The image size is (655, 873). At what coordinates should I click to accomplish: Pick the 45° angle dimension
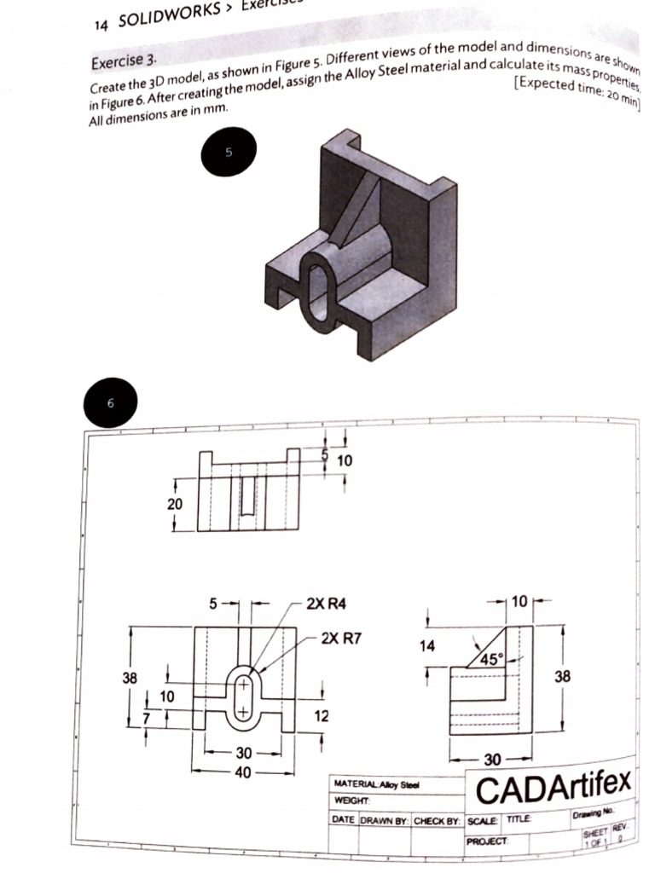tap(490, 658)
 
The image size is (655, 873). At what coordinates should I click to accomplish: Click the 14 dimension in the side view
tap(428, 646)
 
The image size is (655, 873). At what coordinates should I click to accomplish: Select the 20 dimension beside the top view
tap(174, 504)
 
